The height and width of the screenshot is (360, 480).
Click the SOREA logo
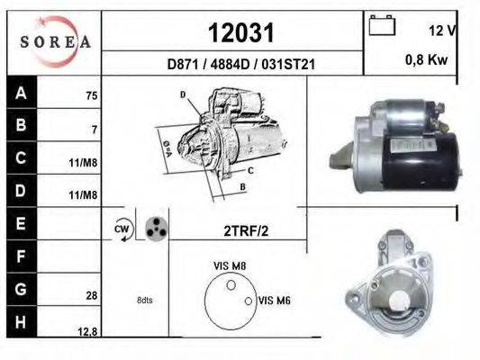point(55,41)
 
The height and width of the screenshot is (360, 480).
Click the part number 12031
point(241,32)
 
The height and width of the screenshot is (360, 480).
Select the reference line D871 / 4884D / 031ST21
point(241,64)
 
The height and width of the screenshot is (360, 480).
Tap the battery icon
point(382,25)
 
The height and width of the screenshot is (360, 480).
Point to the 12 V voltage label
point(442,31)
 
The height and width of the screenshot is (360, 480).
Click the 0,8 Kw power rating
point(426,59)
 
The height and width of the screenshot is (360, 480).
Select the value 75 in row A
point(92,95)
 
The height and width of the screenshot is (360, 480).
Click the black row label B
point(22,125)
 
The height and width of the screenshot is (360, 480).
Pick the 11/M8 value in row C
point(83,163)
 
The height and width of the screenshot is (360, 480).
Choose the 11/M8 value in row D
point(83,194)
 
